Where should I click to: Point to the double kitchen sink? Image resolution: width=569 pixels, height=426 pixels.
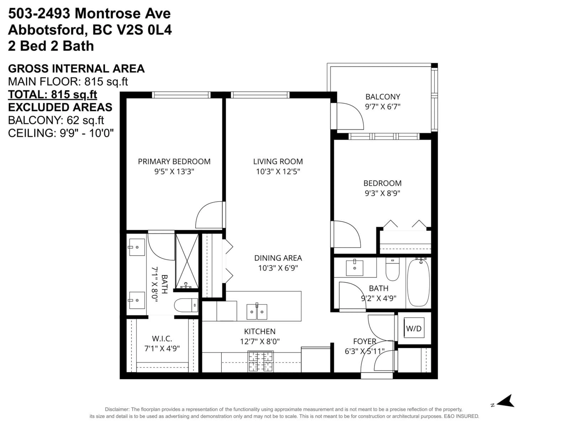click(257, 312)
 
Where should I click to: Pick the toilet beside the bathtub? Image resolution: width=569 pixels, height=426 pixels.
click(392, 269)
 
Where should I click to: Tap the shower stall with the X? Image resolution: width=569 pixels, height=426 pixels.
click(187, 261)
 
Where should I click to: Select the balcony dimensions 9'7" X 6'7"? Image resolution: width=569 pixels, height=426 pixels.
click(383, 106)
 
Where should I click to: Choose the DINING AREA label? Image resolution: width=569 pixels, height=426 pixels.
click(278, 258)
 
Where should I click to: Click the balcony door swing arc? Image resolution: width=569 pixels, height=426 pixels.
click(351, 116)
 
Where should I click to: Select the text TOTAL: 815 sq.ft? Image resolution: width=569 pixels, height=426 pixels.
click(52, 95)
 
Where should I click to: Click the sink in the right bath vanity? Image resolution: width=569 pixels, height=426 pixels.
click(354, 268)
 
